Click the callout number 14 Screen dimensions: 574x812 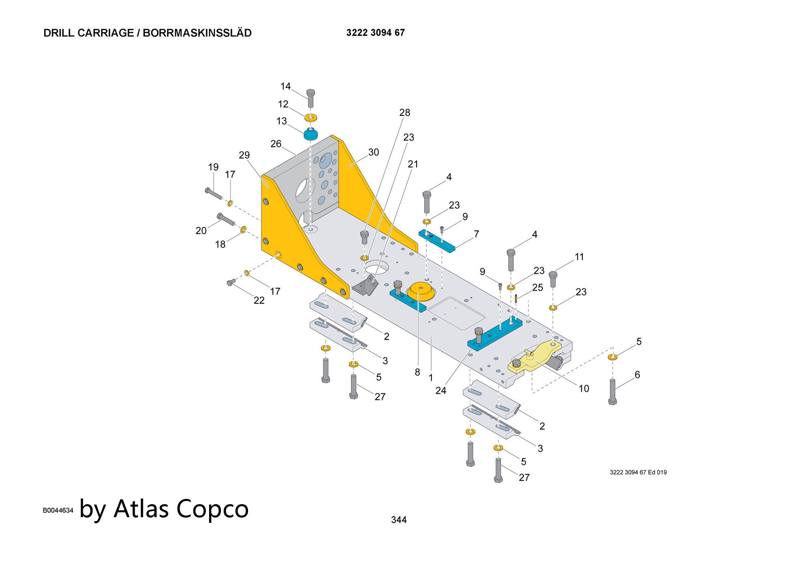click(x=285, y=86)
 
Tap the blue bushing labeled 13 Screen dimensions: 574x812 click(x=311, y=134)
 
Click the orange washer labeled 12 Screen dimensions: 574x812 click(x=311, y=118)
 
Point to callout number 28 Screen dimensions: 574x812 click(x=404, y=112)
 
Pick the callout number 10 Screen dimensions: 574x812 click(x=583, y=388)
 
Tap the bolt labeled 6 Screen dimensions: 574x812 click(x=613, y=391)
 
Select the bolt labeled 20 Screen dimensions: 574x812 click(x=226, y=219)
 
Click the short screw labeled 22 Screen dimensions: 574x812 click(x=231, y=282)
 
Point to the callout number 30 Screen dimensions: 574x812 click(x=373, y=152)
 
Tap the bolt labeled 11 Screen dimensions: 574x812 click(x=553, y=279)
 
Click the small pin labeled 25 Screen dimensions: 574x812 click(x=516, y=299)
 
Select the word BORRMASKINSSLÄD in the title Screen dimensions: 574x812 click(x=197, y=33)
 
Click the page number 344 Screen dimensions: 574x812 click(x=399, y=520)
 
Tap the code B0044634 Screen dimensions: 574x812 click(x=58, y=510)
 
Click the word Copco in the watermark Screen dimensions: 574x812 click(x=212, y=509)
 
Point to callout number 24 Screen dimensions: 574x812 click(x=441, y=391)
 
